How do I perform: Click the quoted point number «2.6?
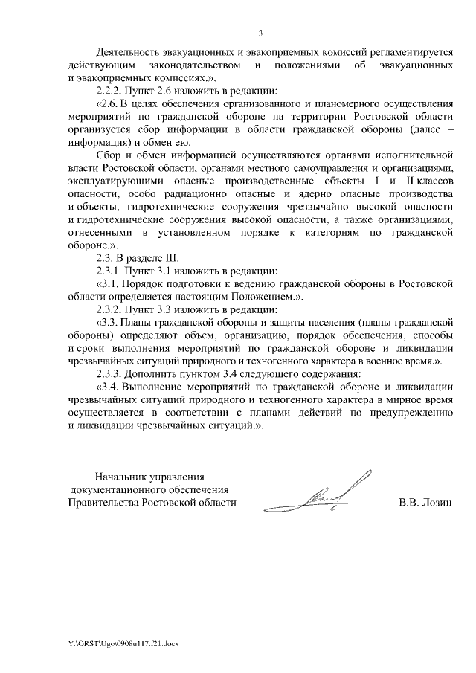109,103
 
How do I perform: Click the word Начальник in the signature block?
120,477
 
